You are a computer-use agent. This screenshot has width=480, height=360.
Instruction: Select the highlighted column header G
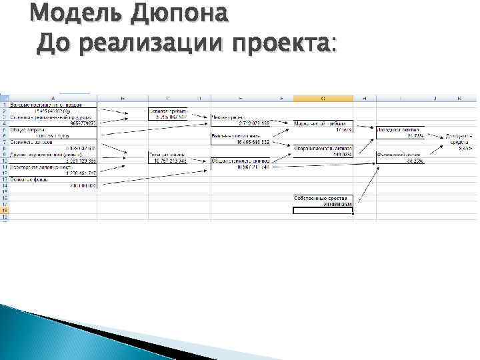coord(323,99)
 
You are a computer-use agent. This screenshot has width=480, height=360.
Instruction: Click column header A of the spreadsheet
coord(53,99)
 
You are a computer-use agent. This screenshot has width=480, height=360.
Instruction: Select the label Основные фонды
coord(30,180)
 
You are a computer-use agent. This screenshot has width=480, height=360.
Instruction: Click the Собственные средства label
coord(320,198)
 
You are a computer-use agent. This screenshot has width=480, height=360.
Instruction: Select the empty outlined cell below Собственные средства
coord(323,210)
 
